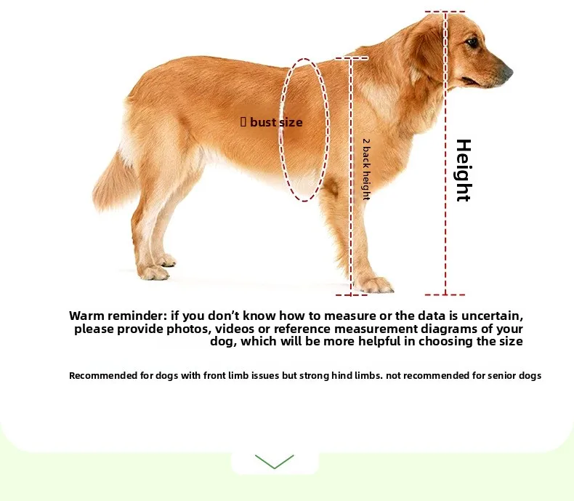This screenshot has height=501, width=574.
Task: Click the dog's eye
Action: (x=472, y=42)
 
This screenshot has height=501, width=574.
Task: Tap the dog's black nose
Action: (x=508, y=71)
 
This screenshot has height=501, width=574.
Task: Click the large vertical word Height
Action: (x=464, y=170)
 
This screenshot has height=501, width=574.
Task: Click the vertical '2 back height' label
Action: (x=366, y=169)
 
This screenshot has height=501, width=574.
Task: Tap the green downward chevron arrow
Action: (x=274, y=461)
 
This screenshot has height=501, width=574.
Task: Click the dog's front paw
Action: (x=373, y=284)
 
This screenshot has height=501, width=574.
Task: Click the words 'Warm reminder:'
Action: (x=118, y=316)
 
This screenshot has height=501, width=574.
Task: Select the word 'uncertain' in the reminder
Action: (x=491, y=316)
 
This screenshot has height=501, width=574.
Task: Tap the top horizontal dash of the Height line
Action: (x=445, y=12)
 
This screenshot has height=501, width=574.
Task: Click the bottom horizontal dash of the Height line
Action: (x=445, y=294)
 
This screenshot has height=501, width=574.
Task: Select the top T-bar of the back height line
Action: (x=352, y=58)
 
